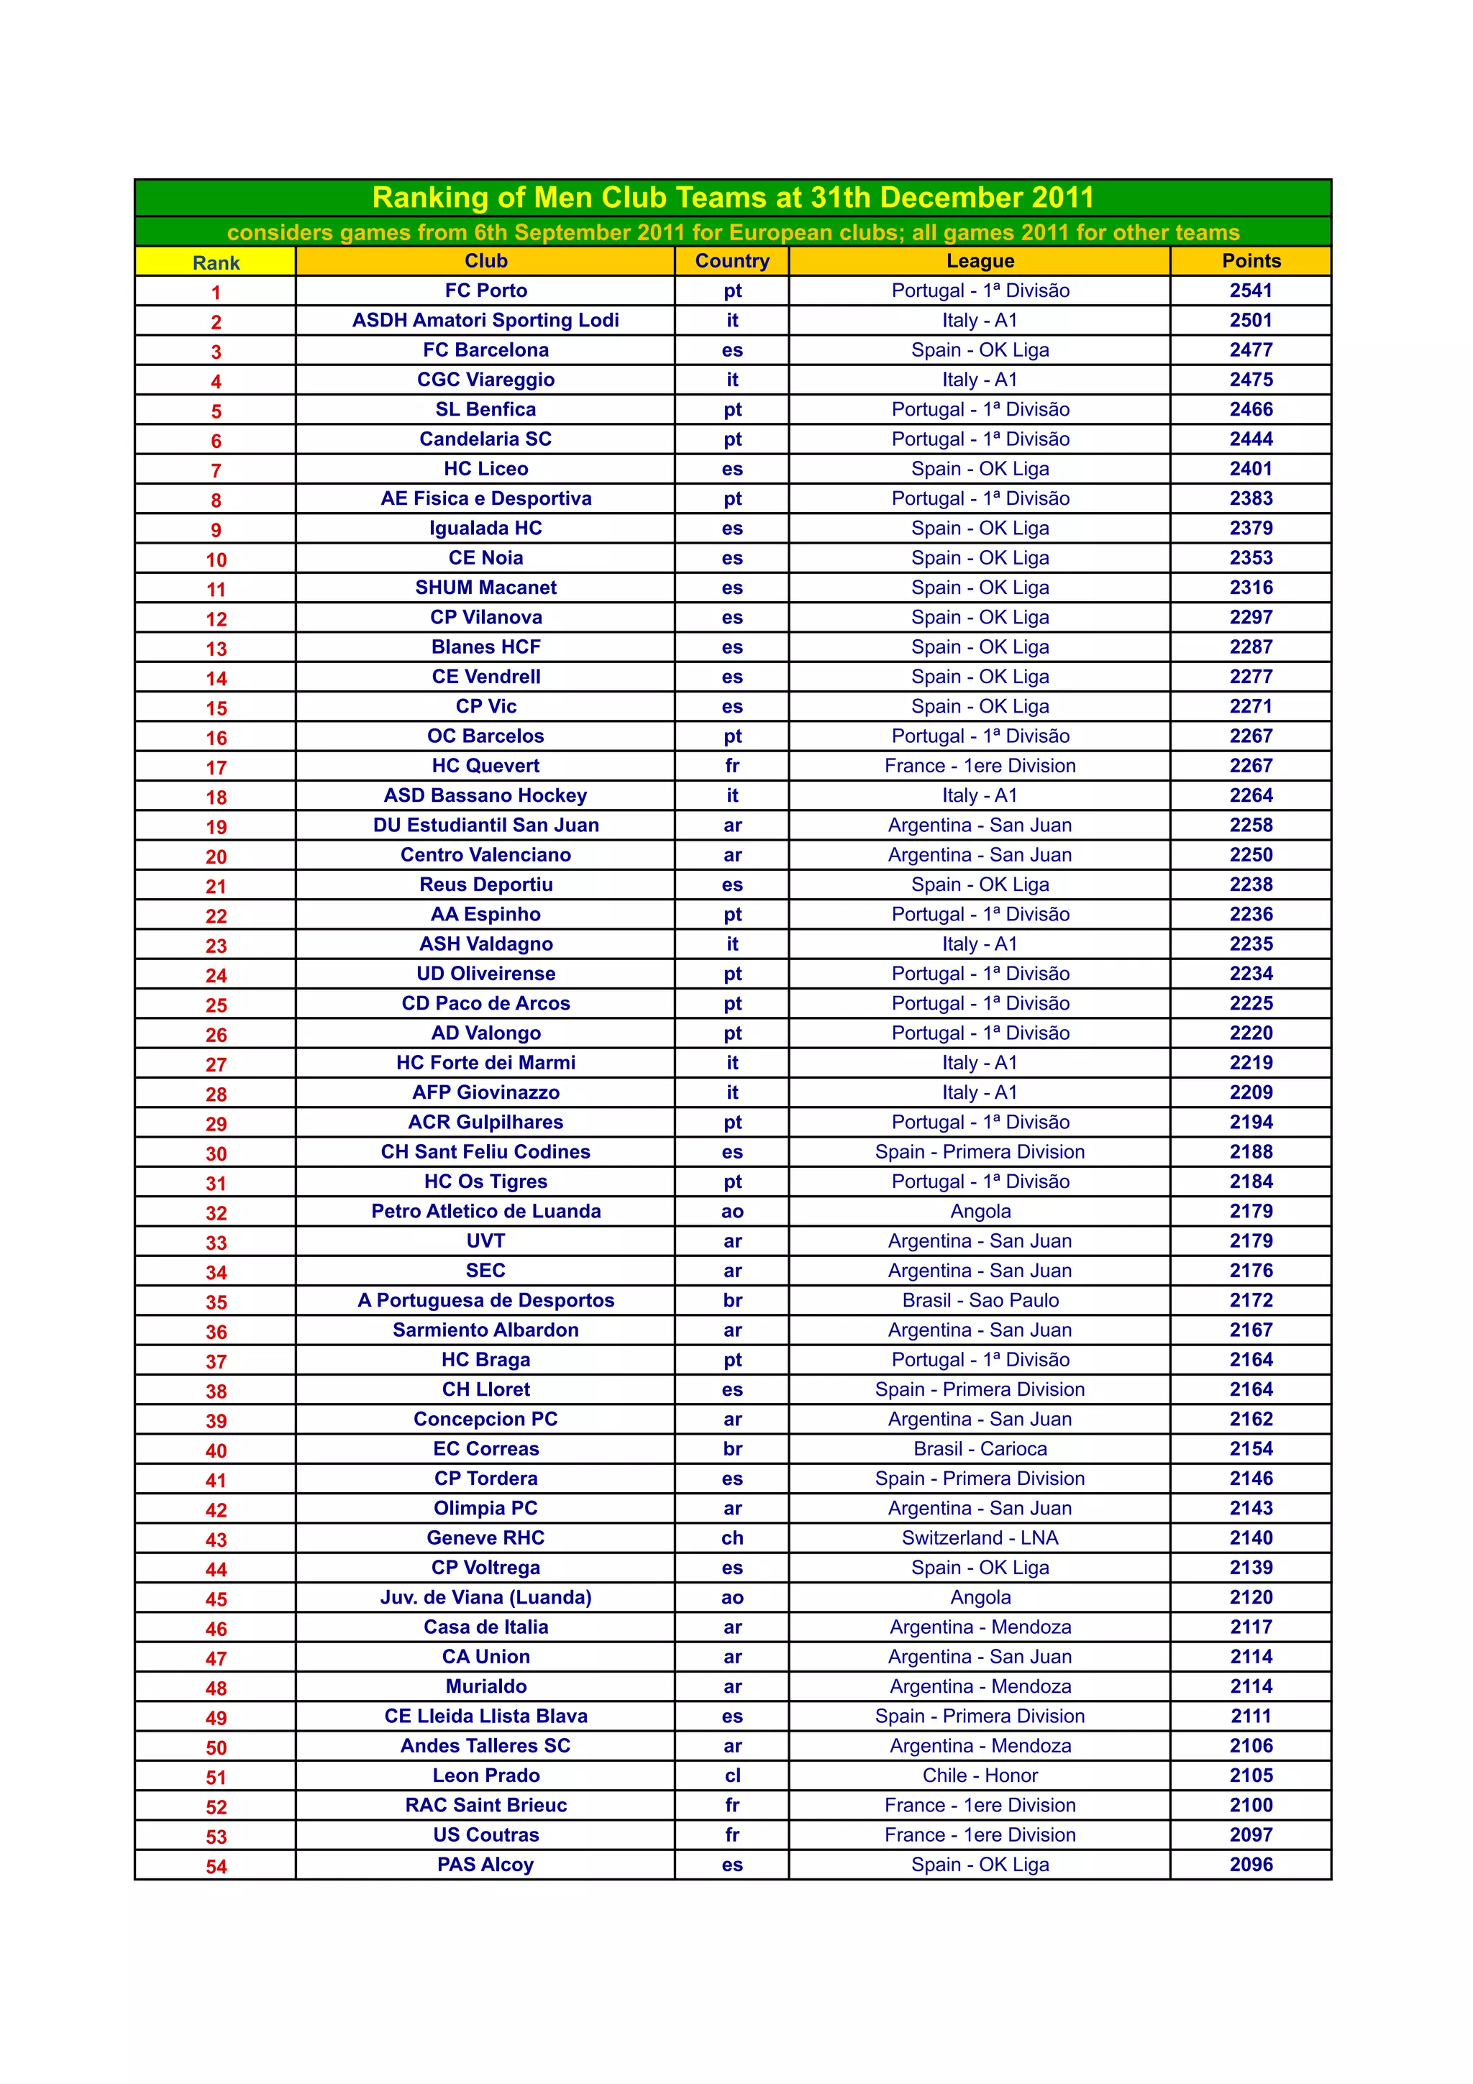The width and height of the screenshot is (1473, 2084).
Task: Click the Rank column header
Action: tap(216, 263)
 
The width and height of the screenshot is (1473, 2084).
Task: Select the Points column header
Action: tap(1251, 262)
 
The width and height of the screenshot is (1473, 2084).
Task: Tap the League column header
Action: tap(980, 262)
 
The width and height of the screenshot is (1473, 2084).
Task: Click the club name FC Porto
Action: tap(485, 291)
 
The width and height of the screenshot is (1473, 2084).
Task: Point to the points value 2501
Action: tap(1251, 321)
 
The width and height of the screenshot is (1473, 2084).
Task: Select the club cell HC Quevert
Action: tap(485, 766)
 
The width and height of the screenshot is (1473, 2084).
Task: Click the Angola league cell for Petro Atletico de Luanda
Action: tap(980, 1212)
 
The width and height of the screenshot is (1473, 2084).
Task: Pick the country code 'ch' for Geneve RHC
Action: tap(732, 1538)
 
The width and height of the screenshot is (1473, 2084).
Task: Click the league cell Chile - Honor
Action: tap(980, 1776)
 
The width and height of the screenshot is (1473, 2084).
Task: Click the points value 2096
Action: tap(1251, 1865)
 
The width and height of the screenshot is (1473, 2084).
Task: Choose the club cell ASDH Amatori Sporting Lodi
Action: tap(485, 321)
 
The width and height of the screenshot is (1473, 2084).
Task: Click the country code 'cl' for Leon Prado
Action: tap(732, 1776)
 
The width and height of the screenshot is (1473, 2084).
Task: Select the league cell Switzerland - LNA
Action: tap(980, 1538)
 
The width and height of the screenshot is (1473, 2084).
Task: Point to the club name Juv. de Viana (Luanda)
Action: tap(485, 1597)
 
